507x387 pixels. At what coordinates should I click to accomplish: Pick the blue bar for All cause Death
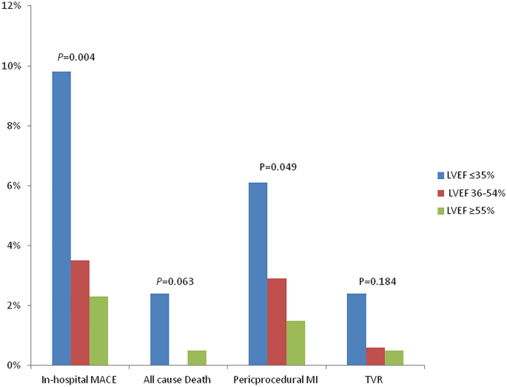pyautogui.click(x=159, y=329)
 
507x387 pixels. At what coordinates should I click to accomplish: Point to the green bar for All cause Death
pyautogui.click(x=197, y=357)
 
